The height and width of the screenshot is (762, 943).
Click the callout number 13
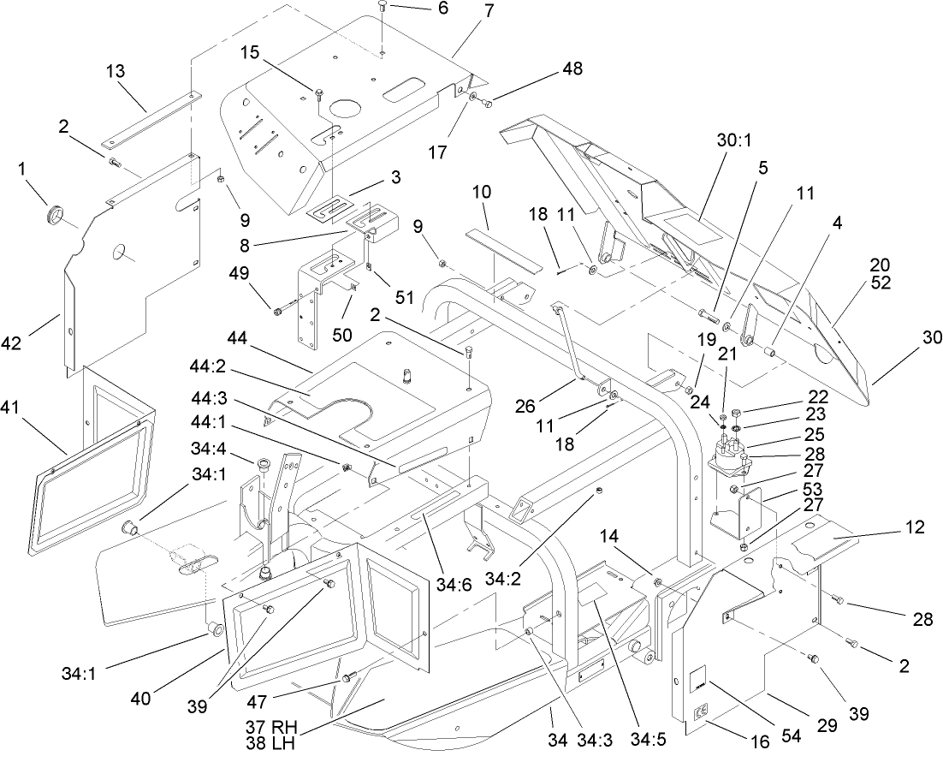[x=121, y=72]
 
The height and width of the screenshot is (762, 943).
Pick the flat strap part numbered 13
[x=149, y=117]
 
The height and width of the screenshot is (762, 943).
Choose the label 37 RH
[x=267, y=729]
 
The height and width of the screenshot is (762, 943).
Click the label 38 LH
[x=267, y=744]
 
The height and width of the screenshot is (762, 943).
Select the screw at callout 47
[x=348, y=678]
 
